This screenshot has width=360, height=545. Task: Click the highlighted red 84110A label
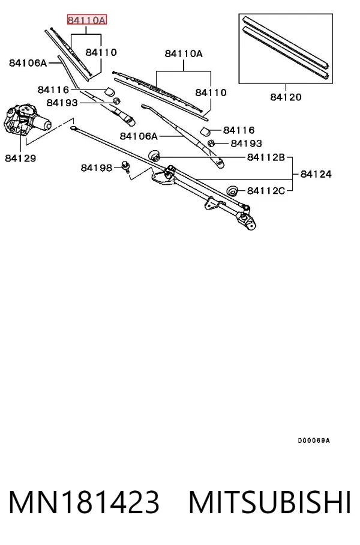click(x=87, y=20)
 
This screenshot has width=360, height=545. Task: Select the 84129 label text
click(x=20, y=158)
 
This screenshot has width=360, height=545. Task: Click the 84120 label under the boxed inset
click(x=286, y=97)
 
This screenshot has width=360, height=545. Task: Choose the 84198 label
click(x=97, y=168)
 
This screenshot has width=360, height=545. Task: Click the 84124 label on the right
click(x=316, y=174)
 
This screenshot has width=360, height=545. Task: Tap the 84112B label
click(x=266, y=157)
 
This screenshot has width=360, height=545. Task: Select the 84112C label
click(x=266, y=191)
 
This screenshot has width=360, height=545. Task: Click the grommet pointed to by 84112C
click(x=232, y=191)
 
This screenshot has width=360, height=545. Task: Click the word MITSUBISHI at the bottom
click(x=269, y=502)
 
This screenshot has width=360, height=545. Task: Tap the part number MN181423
click(x=84, y=502)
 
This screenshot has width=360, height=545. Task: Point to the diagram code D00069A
click(x=314, y=441)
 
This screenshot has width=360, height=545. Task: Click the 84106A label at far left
click(x=28, y=63)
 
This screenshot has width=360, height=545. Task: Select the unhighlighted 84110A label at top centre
click(x=184, y=53)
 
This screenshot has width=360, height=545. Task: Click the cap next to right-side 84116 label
click(x=206, y=131)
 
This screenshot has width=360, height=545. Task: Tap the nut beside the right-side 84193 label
click(x=211, y=143)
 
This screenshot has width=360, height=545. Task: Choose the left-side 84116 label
click(x=53, y=90)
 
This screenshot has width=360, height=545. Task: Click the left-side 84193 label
click(x=62, y=103)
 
